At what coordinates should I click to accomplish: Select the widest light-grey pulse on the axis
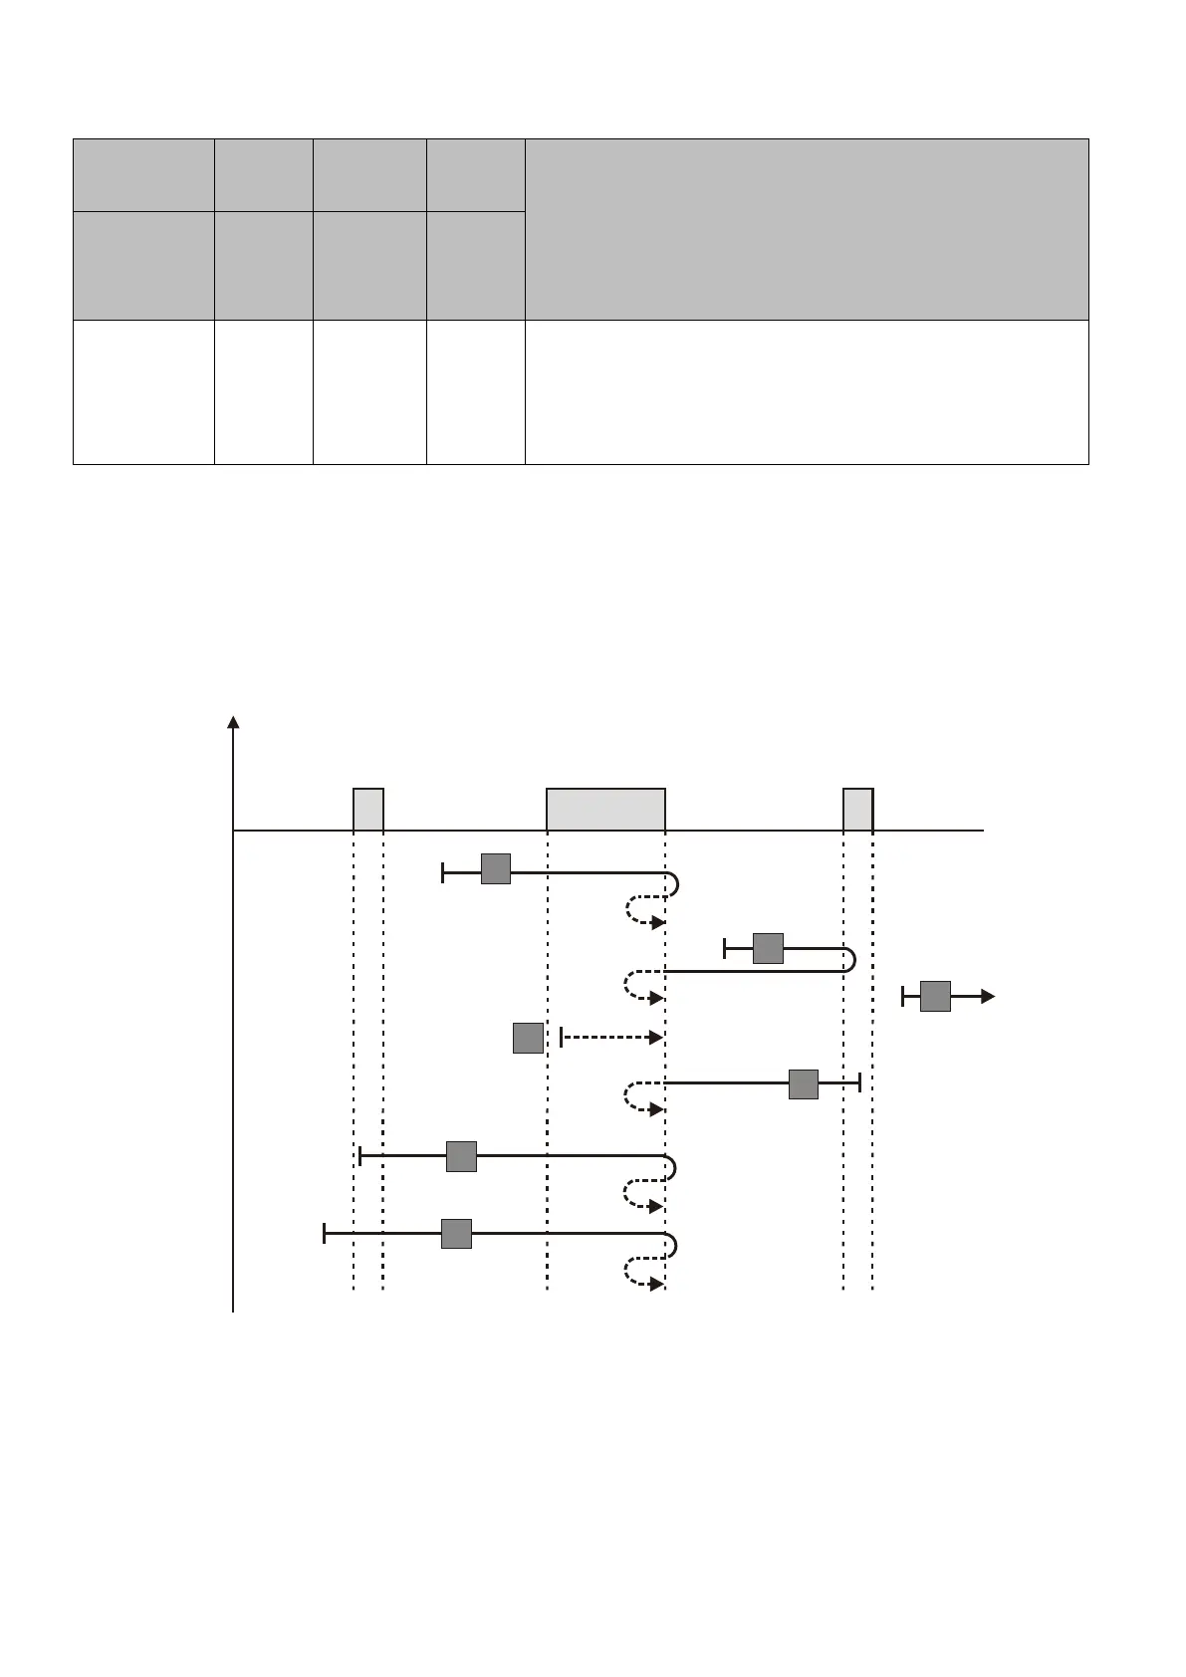pyautogui.click(x=605, y=809)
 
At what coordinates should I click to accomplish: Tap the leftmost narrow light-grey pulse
pyautogui.click(x=368, y=809)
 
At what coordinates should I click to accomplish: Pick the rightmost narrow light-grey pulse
pyautogui.click(x=858, y=809)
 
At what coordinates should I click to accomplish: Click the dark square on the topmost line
pyautogui.click(x=496, y=868)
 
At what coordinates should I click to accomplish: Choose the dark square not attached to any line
pyautogui.click(x=528, y=1038)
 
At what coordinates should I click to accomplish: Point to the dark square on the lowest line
pyautogui.click(x=456, y=1234)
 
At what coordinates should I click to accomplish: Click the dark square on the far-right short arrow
pyautogui.click(x=935, y=996)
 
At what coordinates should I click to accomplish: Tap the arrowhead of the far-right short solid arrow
pyautogui.click(x=988, y=996)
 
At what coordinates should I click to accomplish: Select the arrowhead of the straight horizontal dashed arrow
pyautogui.click(x=656, y=1038)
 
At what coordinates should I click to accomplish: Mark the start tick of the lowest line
pyautogui.click(x=325, y=1234)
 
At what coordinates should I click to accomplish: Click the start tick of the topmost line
pyautogui.click(x=443, y=872)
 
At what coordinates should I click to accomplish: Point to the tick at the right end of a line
pyautogui.click(x=859, y=1082)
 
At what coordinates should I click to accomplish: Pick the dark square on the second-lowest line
pyautogui.click(x=461, y=1156)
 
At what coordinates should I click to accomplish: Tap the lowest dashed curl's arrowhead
pyautogui.click(x=657, y=1285)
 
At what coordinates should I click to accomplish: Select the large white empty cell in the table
pyautogui.click(x=806, y=391)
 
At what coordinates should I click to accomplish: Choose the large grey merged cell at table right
pyautogui.click(x=806, y=229)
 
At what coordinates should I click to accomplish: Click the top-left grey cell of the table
pyautogui.click(x=143, y=174)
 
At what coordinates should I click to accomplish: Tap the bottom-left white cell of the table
pyautogui.click(x=143, y=391)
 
